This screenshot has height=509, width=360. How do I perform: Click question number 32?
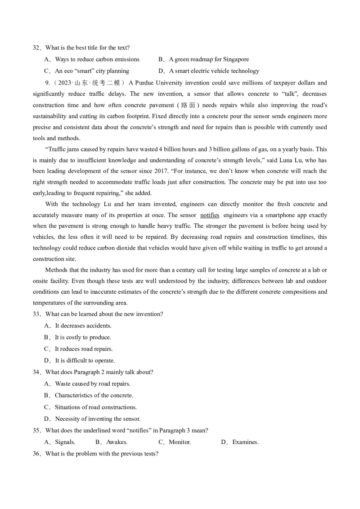click(36, 48)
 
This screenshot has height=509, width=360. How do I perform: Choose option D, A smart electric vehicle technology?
click(209, 71)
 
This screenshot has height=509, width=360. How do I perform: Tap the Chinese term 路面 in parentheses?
click(188, 105)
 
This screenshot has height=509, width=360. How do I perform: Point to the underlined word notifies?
click(210, 215)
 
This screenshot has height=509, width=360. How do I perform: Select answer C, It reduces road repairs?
click(79, 349)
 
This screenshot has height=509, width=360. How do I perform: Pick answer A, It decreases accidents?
click(78, 326)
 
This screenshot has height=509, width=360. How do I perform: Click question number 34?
click(36, 372)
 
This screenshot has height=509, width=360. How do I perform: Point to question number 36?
click(36, 454)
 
